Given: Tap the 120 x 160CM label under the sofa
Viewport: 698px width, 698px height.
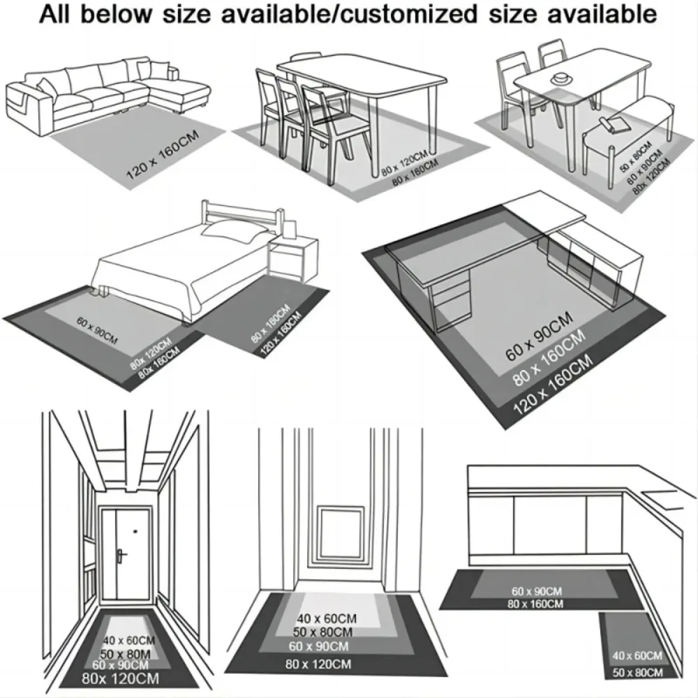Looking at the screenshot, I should (x=162, y=160).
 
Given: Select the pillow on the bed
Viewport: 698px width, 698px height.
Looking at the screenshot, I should (x=235, y=231).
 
